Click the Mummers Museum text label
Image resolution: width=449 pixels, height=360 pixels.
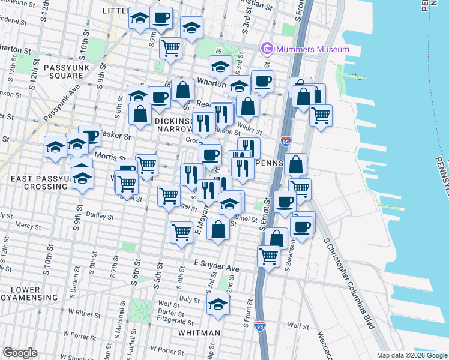[312, 49]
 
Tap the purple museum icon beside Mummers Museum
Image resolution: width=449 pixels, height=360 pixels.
[267, 49]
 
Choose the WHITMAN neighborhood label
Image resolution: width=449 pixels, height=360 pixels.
[199, 332]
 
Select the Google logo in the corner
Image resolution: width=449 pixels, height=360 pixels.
[20, 353]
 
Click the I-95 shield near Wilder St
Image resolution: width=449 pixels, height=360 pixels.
[285, 142]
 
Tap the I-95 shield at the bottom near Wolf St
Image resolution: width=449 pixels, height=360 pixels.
[259, 326]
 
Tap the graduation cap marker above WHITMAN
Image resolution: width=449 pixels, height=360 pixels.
[217, 305]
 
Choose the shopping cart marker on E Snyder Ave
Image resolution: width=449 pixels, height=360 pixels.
[268, 257]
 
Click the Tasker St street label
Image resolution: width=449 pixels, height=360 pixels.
[116, 136]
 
